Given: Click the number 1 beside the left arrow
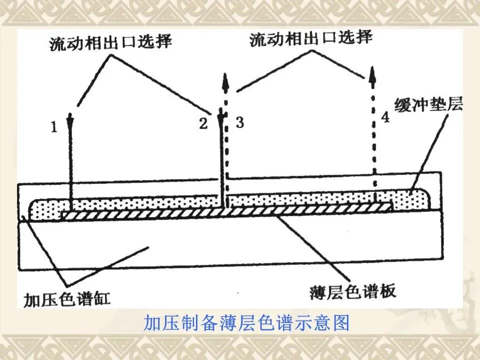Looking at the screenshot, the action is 54,128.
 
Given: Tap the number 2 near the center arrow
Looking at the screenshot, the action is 203,123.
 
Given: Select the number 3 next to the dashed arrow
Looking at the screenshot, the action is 239,123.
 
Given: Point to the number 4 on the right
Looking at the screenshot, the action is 384,117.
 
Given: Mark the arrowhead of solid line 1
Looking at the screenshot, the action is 70,118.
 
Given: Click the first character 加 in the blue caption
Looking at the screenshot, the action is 151,323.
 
